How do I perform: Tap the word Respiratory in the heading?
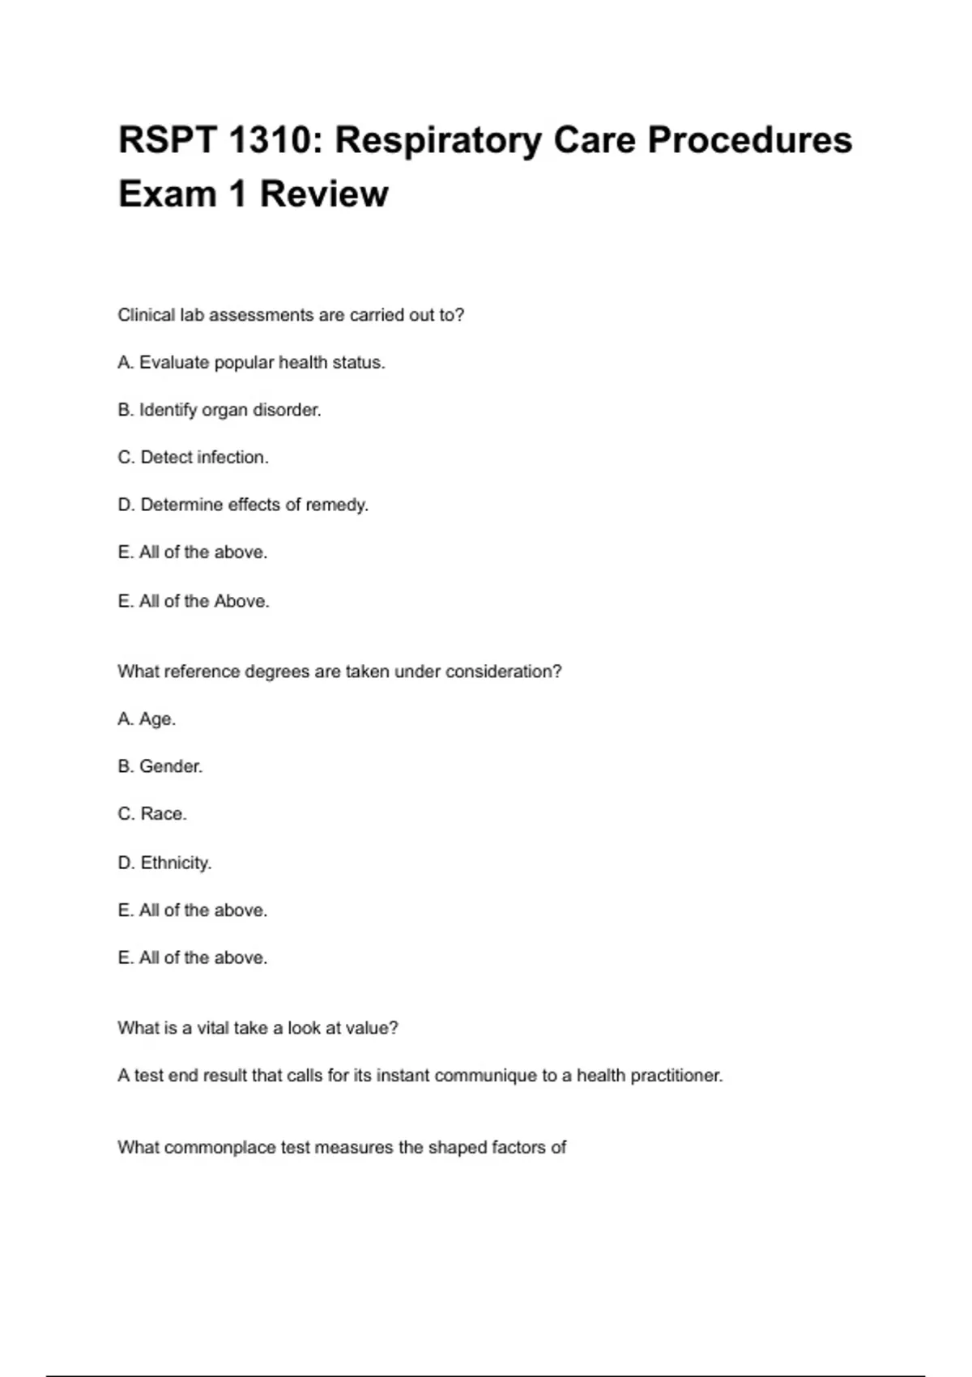(x=437, y=140)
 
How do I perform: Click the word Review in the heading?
(x=324, y=194)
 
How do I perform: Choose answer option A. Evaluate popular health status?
(x=251, y=363)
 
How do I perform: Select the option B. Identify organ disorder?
(x=220, y=410)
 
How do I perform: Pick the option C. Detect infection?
(x=193, y=458)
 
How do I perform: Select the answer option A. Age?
(x=147, y=719)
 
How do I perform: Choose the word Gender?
(x=171, y=766)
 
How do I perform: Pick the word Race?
(x=164, y=814)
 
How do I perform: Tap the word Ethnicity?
(x=176, y=863)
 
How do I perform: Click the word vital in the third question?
(x=213, y=1028)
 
